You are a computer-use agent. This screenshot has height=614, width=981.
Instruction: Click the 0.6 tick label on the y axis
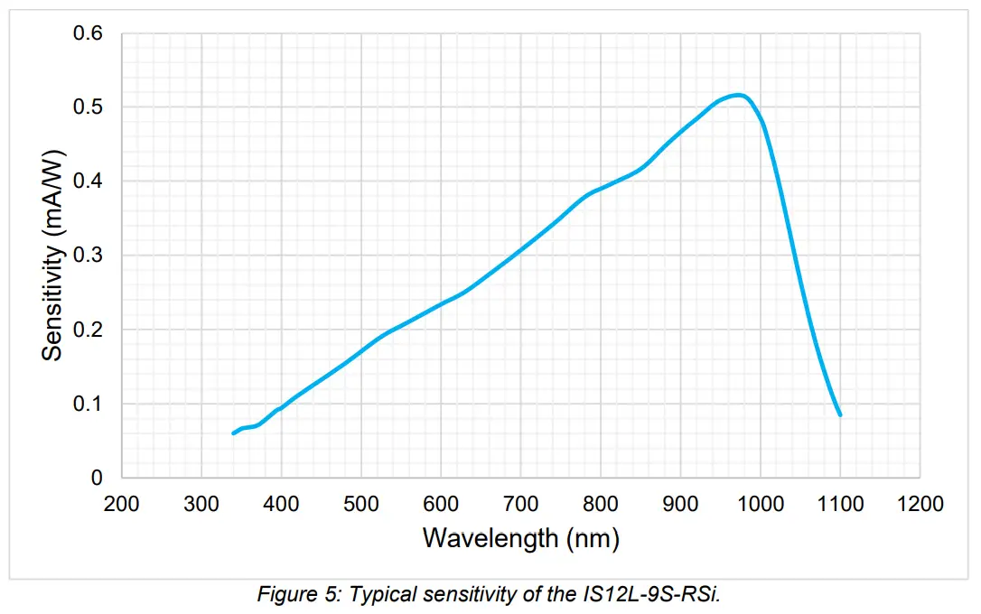89,33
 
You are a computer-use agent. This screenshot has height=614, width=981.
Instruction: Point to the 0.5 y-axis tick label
89,107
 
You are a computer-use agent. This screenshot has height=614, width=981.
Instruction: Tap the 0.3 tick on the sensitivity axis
89,256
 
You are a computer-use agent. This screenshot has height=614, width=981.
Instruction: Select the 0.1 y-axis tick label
89,404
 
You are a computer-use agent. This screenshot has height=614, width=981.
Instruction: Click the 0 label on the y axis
98,478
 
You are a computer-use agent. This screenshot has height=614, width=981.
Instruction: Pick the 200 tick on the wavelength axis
122,503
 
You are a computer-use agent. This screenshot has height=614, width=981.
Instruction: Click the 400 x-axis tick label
281,503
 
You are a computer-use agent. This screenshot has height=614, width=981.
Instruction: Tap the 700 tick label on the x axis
520,503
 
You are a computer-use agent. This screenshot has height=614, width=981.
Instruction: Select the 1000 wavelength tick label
760,503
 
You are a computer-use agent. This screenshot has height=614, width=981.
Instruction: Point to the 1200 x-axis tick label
920,503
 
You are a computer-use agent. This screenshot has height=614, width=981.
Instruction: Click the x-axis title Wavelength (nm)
521,538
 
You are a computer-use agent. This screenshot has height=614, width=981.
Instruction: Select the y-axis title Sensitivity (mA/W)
53,256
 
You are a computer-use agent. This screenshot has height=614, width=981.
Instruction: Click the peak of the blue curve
739,95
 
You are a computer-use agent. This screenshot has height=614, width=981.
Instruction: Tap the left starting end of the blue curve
234,433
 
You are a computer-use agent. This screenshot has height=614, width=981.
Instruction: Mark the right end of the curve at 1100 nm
840,414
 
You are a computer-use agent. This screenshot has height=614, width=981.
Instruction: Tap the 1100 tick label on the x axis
840,503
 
